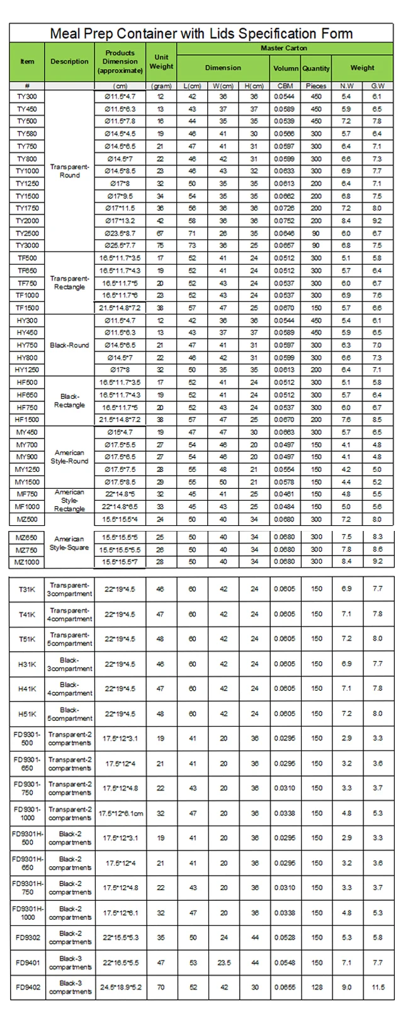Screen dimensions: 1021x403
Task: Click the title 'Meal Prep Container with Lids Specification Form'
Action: [201, 33]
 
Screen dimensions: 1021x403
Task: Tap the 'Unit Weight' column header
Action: [161, 62]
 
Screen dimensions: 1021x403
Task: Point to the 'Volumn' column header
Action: [285, 68]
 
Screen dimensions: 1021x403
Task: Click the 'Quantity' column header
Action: [315, 68]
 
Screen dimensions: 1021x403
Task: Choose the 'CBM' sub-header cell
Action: [285, 86]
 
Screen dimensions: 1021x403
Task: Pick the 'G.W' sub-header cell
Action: [377, 86]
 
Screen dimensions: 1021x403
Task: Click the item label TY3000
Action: [27, 245]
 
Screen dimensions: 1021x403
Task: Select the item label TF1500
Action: [27, 308]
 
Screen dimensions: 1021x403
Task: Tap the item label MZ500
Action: [27, 519]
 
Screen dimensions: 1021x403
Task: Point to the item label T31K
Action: [27, 589]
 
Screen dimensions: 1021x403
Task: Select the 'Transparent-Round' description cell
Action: [69, 171]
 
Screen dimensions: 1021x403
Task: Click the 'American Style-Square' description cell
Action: [69, 544]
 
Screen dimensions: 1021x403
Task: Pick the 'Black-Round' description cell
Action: [69, 345]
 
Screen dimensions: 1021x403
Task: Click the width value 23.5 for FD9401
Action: [224, 962]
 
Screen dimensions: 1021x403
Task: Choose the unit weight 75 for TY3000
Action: [161, 245]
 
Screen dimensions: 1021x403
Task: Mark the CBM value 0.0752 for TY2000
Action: [285, 221]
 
